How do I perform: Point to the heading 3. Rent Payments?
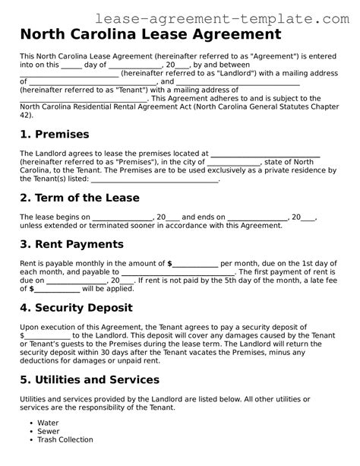point(71,244)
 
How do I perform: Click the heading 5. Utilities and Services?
point(96,381)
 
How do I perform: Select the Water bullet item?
point(48,423)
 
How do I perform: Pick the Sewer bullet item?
point(48,431)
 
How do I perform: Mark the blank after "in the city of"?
point(234,162)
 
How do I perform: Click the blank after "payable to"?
point(178,271)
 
